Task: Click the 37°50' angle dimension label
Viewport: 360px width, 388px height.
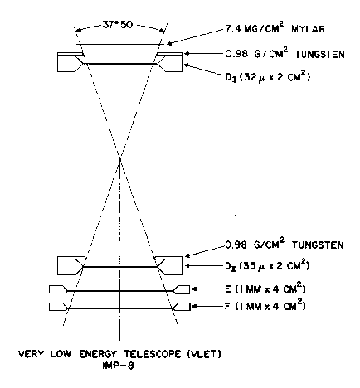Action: [119, 25]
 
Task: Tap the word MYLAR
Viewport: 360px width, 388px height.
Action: [308, 29]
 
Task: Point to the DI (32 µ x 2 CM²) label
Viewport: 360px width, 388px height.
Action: [267, 77]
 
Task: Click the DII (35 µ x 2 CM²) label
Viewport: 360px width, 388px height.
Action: [266, 266]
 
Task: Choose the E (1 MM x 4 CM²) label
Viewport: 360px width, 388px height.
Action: [265, 289]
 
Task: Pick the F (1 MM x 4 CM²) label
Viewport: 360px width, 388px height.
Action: [265, 306]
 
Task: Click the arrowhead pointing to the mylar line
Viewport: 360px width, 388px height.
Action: [169, 43]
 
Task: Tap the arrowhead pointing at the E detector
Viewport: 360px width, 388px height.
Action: [194, 289]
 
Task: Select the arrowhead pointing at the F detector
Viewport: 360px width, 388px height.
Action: [194, 307]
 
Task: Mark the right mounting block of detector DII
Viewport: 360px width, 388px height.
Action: [169, 265]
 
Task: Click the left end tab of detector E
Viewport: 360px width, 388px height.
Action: [58, 289]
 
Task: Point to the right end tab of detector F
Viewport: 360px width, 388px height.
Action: [181, 307]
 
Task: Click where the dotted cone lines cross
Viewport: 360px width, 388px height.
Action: [120, 158]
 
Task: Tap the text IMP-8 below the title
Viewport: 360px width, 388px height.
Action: [119, 366]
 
